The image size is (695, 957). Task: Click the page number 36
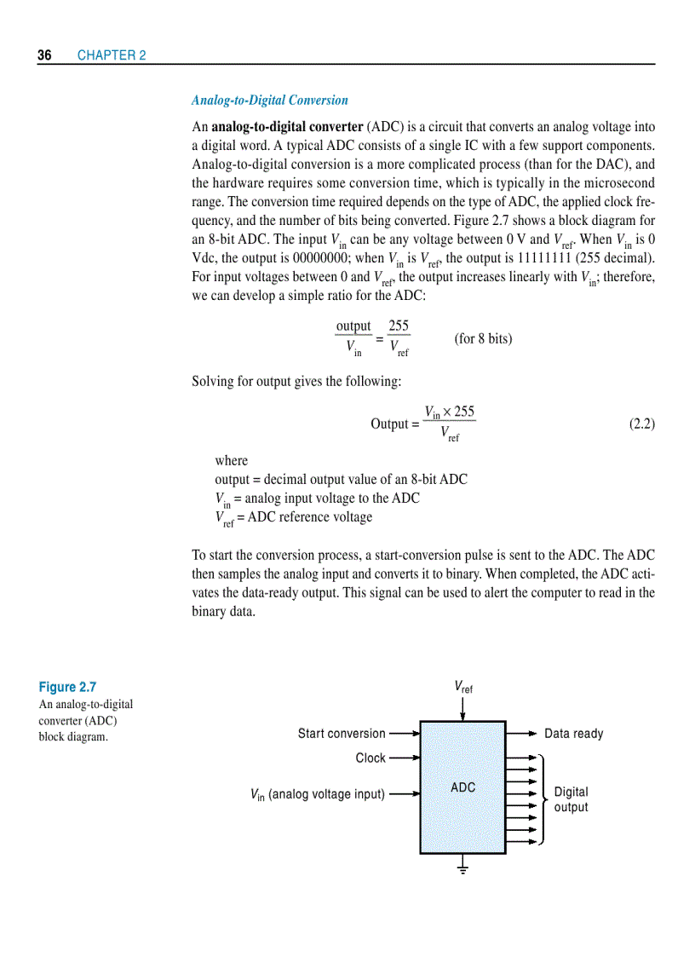(44, 55)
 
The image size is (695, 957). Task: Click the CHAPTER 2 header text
(112, 55)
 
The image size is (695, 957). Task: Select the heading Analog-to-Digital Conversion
(269, 101)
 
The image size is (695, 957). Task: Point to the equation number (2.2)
(641, 424)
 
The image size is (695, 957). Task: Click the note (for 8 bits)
(483, 338)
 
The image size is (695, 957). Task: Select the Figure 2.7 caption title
(67, 687)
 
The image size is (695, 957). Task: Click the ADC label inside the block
(462, 787)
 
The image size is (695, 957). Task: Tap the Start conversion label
(342, 734)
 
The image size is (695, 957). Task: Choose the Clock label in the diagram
(370, 758)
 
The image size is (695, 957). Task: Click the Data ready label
(573, 734)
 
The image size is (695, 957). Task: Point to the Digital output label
(571, 799)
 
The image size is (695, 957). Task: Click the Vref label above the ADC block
(463, 687)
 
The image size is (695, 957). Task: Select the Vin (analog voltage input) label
(318, 794)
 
